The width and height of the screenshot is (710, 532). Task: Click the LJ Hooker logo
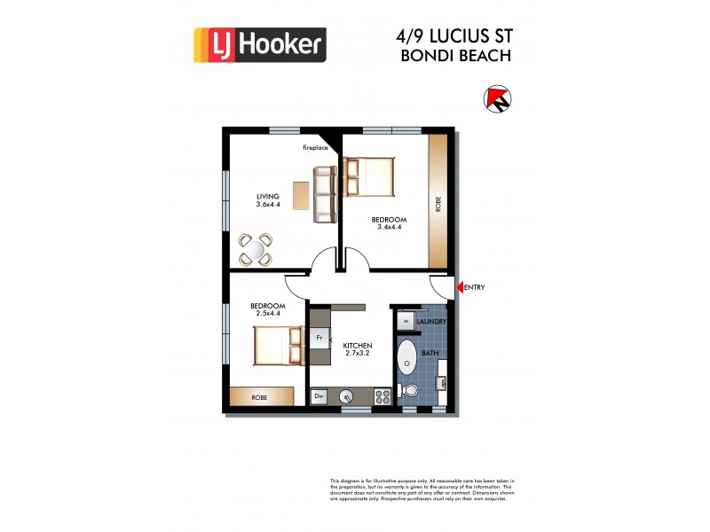pos(260,43)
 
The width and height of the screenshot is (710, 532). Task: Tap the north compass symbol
pos(499,98)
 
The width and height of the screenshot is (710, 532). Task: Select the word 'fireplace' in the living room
pos(316,147)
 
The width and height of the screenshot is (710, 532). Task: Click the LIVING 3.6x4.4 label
pos(268,200)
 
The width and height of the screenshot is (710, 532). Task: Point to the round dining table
pos(256,248)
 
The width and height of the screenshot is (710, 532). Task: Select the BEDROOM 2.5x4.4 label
pos(242,310)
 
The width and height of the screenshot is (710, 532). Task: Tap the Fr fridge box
pos(319,338)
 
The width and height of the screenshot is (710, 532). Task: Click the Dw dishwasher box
pos(319,396)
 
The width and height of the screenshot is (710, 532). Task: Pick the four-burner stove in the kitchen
pos(383,396)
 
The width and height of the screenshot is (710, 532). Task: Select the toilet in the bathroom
pos(410,390)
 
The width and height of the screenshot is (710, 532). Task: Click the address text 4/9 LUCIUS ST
pos(453,36)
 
